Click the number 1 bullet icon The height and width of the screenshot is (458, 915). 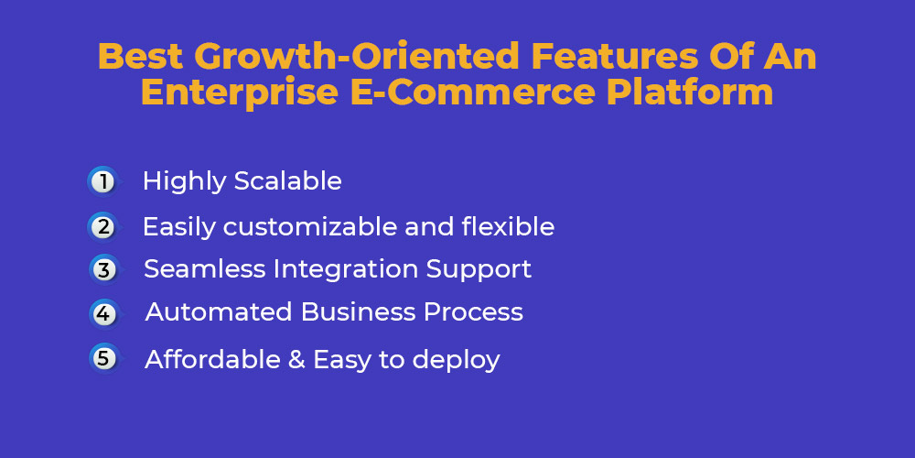click(x=104, y=181)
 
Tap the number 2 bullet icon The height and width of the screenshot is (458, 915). click(x=104, y=226)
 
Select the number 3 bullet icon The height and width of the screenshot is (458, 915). click(x=105, y=270)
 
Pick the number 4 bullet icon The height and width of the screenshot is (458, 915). click(x=105, y=313)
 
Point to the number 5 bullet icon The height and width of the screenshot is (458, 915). click(x=105, y=358)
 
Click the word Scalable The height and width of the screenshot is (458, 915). click(x=287, y=181)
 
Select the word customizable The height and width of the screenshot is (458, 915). click(x=308, y=226)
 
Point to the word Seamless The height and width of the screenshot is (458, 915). click(x=204, y=269)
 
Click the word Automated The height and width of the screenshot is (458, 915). click(x=219, y=312)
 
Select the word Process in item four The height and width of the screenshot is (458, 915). click(x=473, y=312)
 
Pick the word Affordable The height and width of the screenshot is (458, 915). click(x=212, y=359)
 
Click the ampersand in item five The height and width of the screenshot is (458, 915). click(x=296, y=360)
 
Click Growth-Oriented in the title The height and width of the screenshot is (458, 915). click(x=357, y=57)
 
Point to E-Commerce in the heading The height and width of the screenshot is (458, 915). click(x=474, y=93)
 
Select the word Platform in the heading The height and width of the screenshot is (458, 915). click(x=690, y=93)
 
